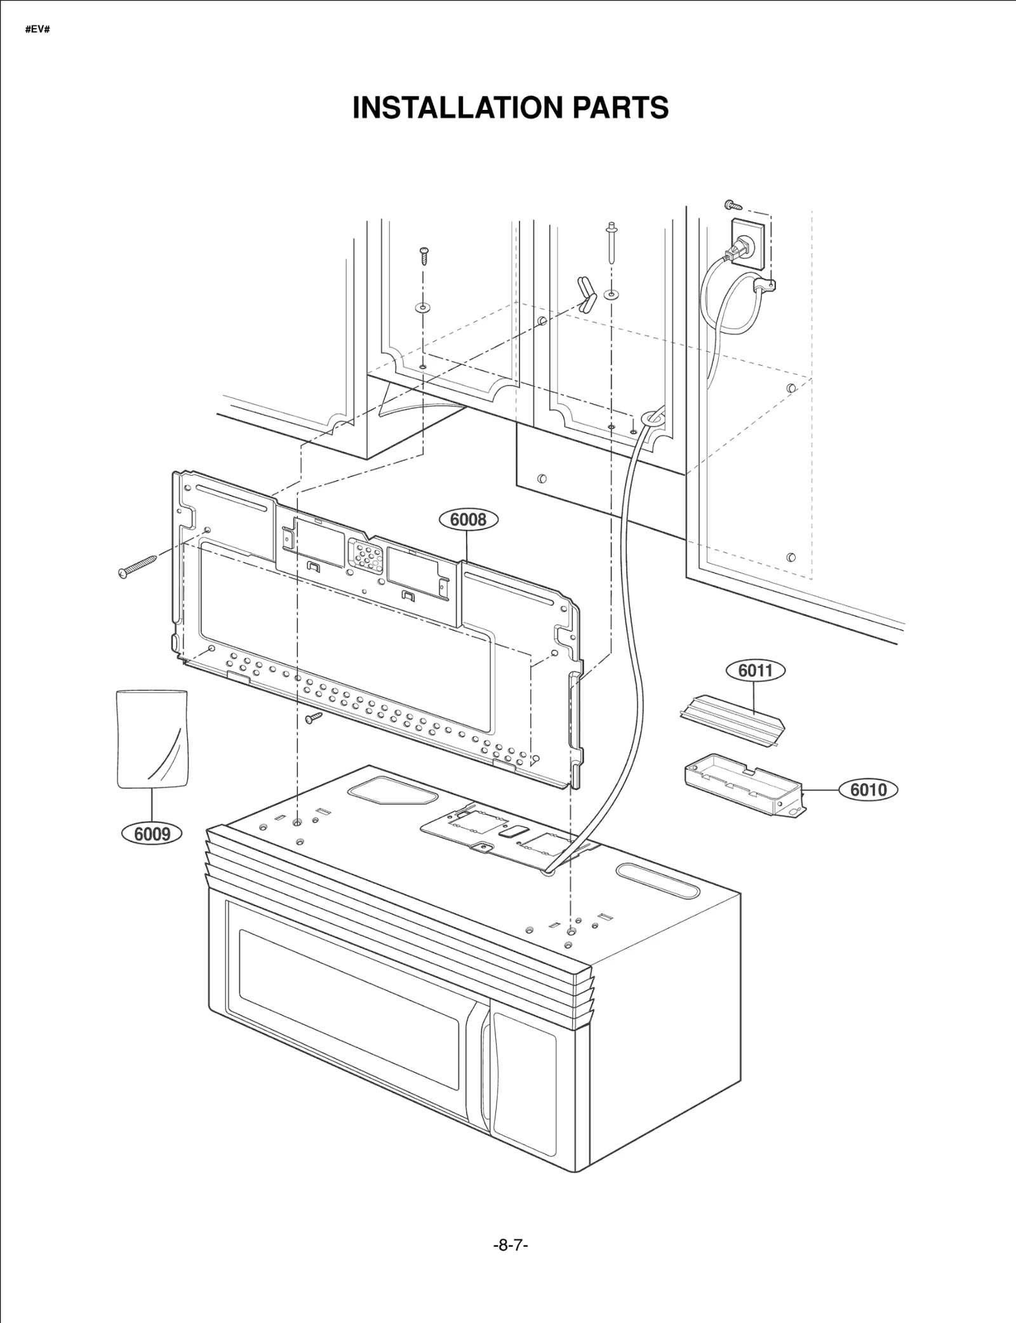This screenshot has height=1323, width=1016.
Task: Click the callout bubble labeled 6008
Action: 469,520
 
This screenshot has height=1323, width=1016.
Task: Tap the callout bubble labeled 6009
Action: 152,834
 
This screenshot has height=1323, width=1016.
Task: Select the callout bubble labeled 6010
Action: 868,789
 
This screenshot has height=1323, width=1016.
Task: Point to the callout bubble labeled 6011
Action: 755,670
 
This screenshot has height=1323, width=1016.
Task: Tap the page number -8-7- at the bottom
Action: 511,1246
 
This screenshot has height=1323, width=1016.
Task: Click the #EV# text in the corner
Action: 37,30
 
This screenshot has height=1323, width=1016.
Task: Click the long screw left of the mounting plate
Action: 138,566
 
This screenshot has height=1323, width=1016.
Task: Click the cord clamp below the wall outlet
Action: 765,286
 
